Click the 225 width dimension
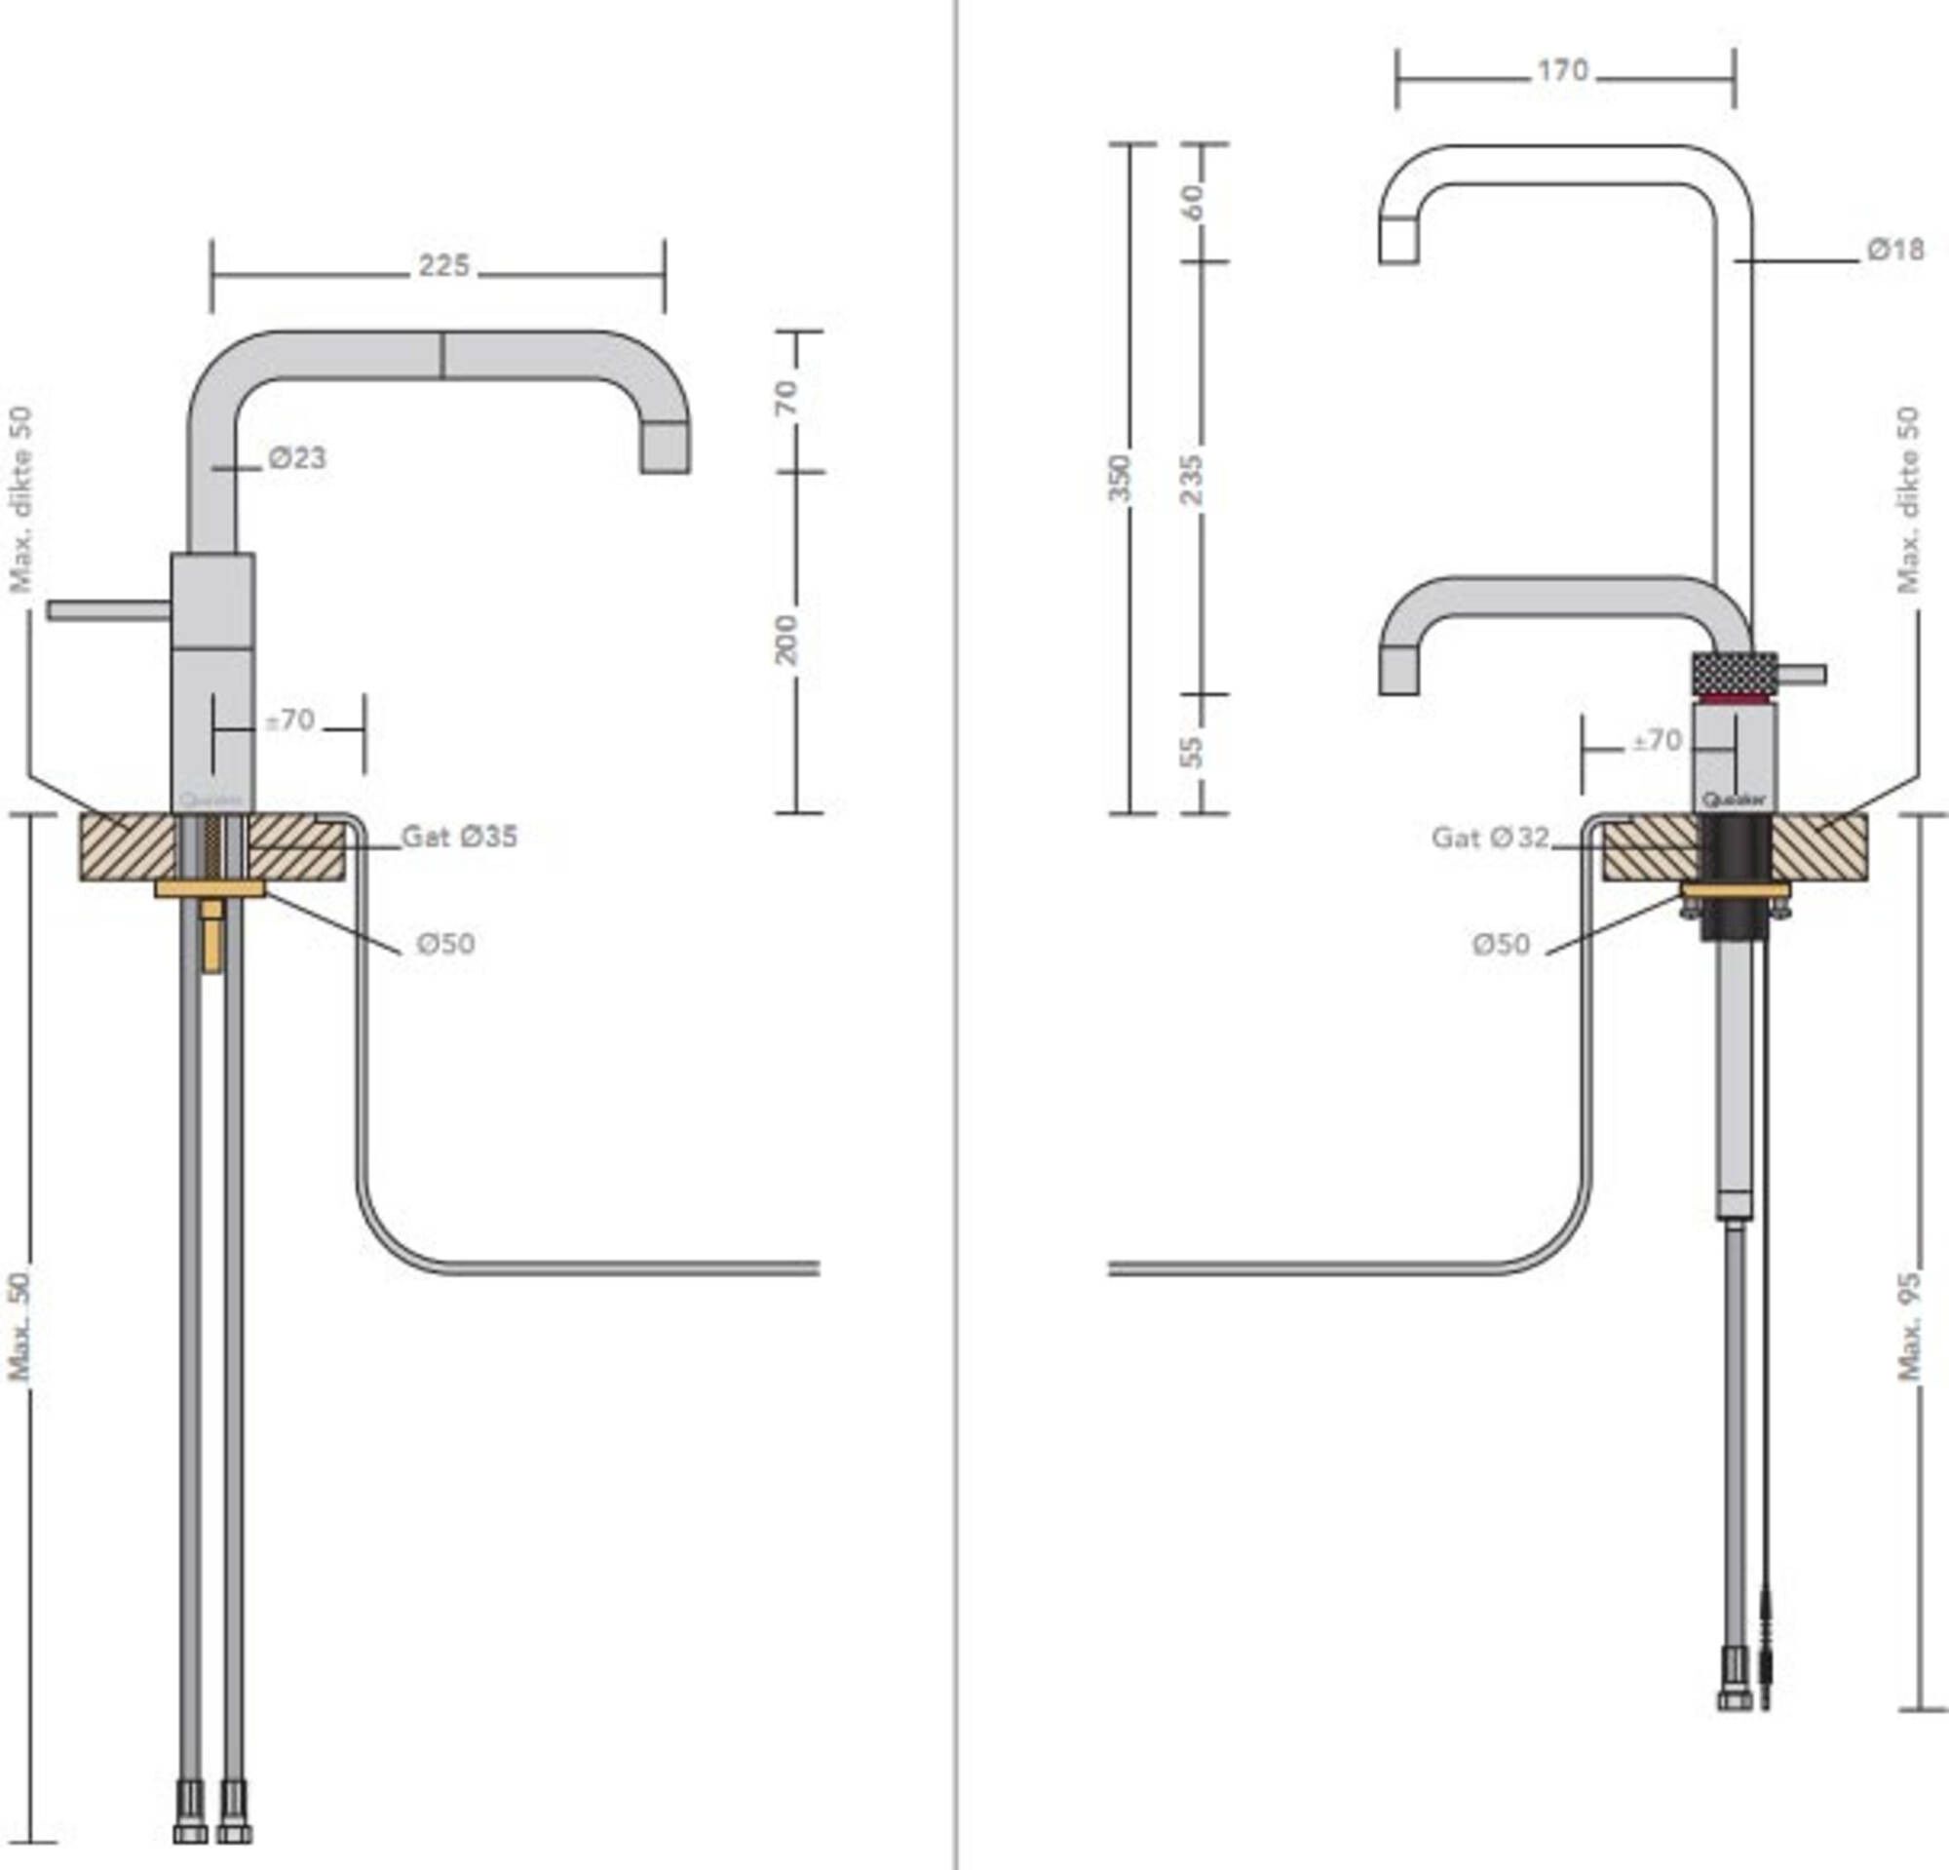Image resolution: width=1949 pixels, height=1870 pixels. coord(442,266)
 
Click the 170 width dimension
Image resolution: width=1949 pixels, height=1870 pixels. coord(1563,71)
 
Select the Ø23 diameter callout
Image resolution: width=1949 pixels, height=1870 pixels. coord(296,458)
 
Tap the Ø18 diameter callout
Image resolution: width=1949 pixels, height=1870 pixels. coord(1895,250)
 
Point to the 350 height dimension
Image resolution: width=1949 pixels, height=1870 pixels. coord(1121,479)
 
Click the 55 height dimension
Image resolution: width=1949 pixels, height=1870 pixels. coord(1192,753)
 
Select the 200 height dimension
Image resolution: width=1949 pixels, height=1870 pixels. coord(786,640)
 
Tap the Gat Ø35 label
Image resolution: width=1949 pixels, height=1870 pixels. coord(459,838)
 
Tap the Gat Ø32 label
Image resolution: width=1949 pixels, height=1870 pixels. coord(1490,838)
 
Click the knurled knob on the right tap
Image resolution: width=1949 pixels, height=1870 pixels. coord(1735,676)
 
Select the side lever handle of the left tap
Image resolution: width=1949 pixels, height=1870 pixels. coord(107,610)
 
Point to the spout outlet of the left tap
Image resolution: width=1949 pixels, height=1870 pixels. coord(666,448)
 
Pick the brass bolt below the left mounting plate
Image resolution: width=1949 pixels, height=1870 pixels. coord(210,935)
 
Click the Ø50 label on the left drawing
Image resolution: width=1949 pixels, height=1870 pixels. coord(445,943)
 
